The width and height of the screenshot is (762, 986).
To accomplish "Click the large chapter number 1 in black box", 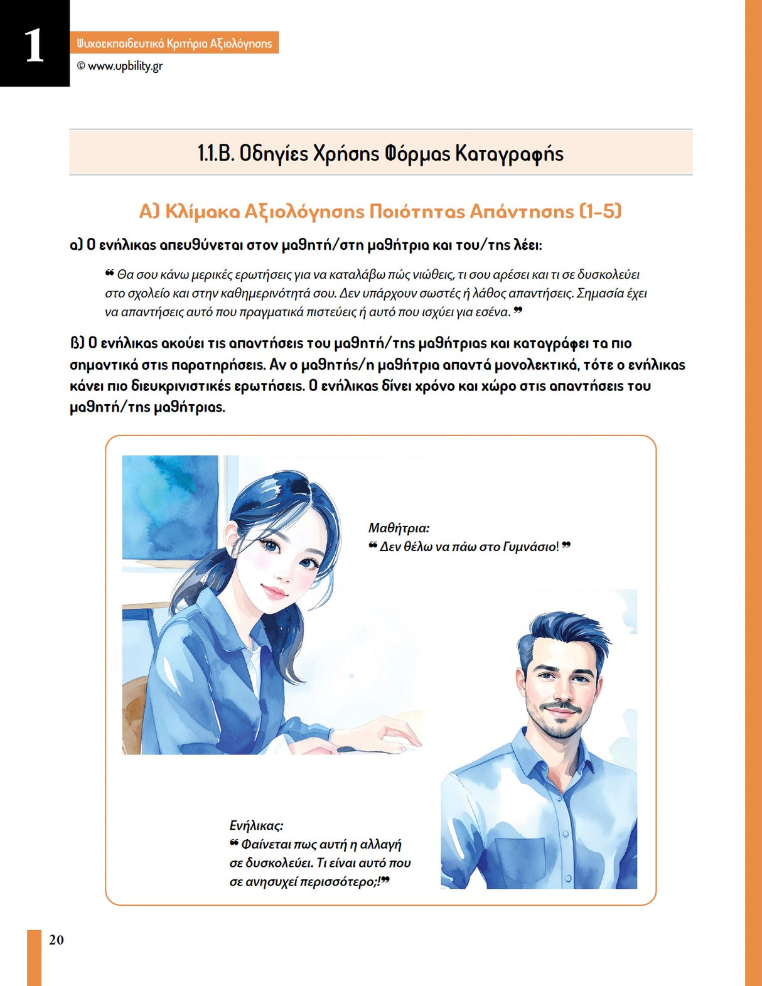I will pos(35,45).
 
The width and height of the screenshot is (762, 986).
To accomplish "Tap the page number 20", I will pos(56,940).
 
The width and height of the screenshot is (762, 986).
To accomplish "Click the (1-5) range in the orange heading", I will pos(600,211).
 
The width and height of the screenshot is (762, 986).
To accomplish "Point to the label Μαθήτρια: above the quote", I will pos(399,528).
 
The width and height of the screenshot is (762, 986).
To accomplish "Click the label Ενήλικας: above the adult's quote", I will pos(256,825).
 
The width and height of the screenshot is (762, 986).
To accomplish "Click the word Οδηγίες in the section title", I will pos(274,153).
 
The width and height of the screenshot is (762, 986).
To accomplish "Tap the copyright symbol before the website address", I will pos(81,66).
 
